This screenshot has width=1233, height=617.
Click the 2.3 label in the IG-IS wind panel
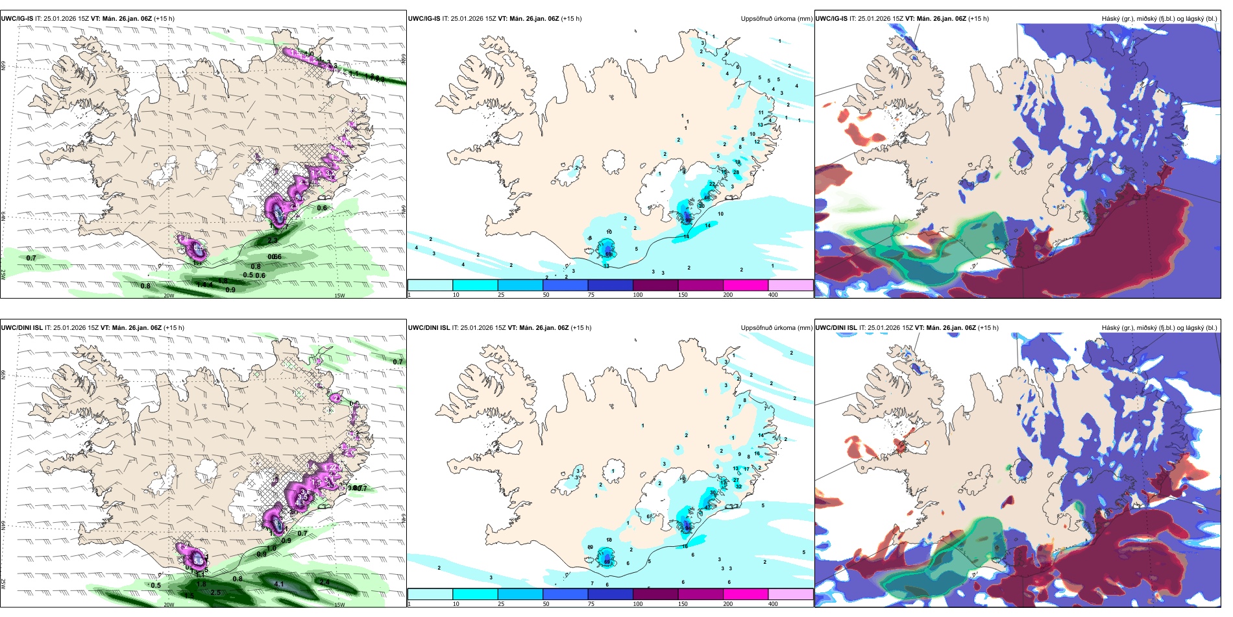coord(273,240)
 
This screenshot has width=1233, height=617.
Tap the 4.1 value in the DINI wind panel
coord(279,584)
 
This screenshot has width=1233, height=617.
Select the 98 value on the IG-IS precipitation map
coord(689,220)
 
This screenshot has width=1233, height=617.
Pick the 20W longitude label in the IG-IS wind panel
coord(169,296)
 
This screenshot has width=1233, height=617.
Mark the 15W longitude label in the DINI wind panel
coord(339,605)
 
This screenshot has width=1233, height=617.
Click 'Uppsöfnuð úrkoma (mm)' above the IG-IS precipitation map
coord(776,19)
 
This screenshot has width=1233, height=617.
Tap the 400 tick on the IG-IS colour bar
coord(773,295)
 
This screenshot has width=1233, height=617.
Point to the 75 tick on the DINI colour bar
coord(591,604)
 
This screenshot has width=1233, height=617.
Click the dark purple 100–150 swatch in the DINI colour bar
coord(655,594)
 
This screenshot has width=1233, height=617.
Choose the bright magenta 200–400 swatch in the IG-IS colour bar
coord(746,284)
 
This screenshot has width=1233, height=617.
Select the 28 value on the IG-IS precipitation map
coord(736,172)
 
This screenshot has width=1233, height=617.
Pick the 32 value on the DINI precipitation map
coord(739,486)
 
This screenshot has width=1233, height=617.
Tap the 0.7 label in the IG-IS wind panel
coord(31,258)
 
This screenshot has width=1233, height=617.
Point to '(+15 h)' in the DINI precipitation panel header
coord(581,328)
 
